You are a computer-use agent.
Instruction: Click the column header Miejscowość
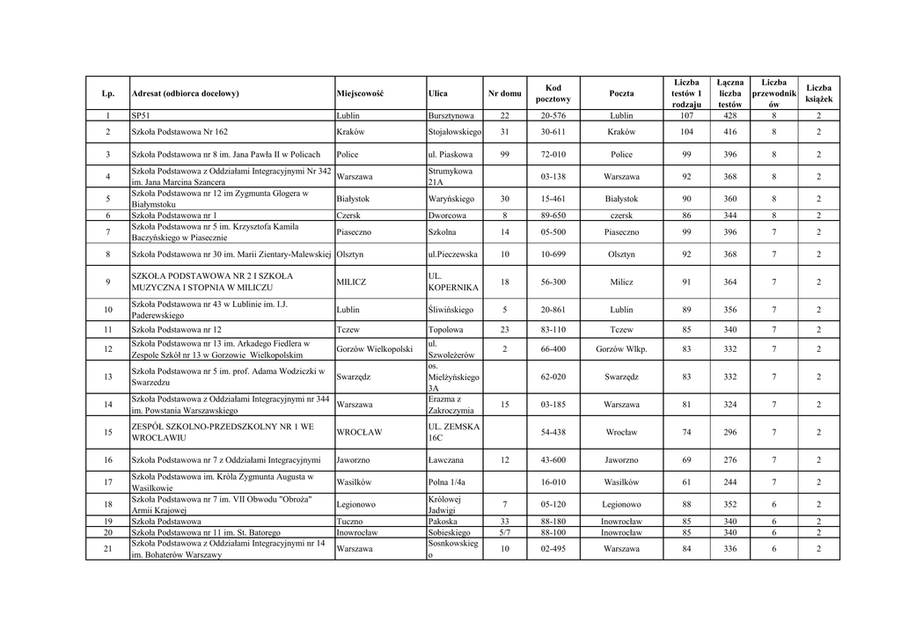360,93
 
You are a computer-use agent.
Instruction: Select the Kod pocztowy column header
553,93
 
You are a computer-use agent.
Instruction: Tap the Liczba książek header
818,93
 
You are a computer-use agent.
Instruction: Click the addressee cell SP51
141,115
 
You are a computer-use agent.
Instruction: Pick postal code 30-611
553,132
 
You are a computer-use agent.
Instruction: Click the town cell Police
347,154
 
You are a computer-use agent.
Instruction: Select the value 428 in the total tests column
729,115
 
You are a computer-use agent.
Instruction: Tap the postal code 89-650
553,215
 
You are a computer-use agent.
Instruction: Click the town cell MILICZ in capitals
351,282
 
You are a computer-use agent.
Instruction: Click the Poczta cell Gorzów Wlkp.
621,349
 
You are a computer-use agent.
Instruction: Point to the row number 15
107,432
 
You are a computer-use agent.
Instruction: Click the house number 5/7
504,532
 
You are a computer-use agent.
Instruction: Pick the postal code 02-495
553,549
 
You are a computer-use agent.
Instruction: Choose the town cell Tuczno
349,521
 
